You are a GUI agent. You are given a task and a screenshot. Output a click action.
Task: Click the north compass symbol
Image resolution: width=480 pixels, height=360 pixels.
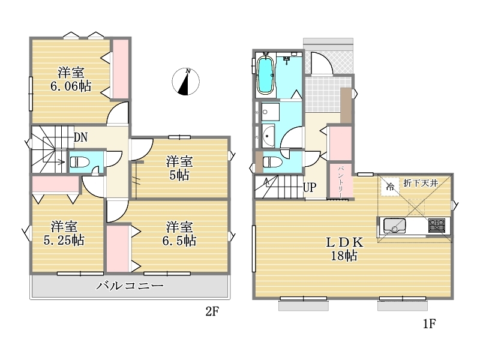pos(185,82)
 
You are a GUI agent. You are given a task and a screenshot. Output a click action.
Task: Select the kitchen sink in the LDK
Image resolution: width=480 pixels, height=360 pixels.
pos(395,226)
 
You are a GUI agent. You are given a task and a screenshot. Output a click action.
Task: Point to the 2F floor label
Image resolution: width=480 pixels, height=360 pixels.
pos(212,311)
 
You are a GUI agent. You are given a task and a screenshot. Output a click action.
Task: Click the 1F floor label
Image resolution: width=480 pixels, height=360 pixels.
pos(429,323)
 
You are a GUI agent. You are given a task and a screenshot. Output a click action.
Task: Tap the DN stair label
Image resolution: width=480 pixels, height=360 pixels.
pos(80,137)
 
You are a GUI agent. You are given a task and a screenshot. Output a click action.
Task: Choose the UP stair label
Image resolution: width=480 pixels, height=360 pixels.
pos(309,187)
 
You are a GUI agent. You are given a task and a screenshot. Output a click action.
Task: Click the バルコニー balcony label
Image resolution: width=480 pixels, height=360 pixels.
pos(130,286)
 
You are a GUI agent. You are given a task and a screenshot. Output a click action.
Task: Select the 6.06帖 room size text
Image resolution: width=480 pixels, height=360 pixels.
pos(71,86)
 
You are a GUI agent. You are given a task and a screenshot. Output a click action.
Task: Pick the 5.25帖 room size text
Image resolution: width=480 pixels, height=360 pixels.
pos(64,241)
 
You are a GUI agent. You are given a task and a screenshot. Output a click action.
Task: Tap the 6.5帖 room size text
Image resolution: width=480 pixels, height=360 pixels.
pos(179,241)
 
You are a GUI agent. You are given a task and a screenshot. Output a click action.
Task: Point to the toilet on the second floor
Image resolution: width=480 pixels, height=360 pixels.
pos(79,161)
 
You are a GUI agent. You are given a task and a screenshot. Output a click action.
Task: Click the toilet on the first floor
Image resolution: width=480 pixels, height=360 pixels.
pos(272,161)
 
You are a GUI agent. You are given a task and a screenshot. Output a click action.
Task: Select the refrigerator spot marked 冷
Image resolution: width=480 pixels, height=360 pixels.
pos(390,186)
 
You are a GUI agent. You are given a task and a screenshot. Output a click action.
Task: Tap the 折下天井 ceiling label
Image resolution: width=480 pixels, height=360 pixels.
pos(421,183)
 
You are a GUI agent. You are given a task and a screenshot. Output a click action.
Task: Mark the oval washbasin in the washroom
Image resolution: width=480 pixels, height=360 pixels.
pos(268,136)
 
